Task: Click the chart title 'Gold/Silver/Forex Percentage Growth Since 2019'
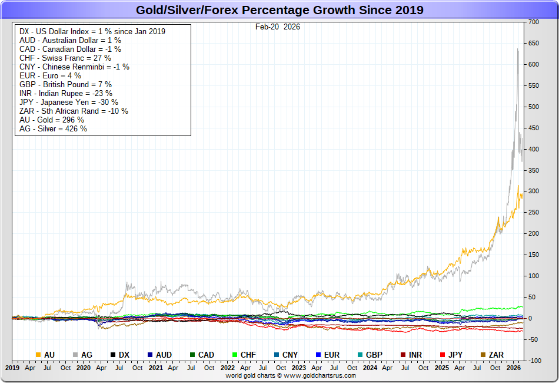[279, 10]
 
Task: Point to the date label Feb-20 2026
[278, 27]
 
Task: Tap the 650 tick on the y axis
[534, 43]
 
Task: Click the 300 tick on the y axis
[534, 191]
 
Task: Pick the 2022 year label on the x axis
[228, 367]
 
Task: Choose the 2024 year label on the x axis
[370, 367]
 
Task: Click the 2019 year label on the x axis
[12, 367]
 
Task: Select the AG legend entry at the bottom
[82, 355]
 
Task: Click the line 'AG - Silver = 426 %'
[53, 128]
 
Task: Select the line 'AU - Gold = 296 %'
[52, 120]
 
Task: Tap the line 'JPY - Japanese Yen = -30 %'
[68, 102]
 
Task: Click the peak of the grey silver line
[517, 49]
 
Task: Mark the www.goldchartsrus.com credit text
[291, 375]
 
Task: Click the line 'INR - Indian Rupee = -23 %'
[66, 93]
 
